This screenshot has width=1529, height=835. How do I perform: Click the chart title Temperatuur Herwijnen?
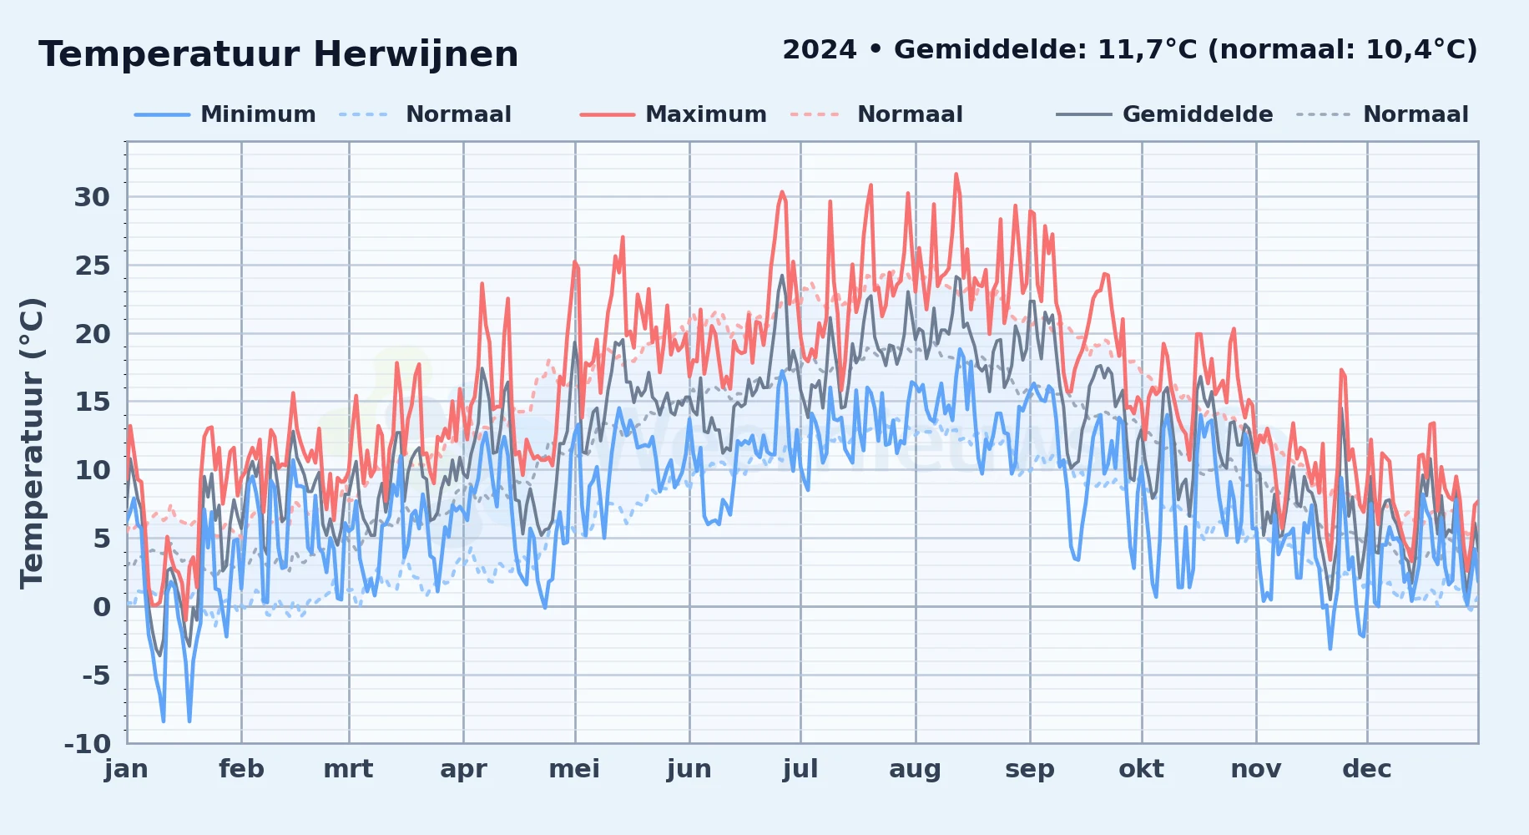pyautogui.click(x=279, y=54)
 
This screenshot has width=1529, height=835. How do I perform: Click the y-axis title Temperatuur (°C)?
pyautogui.click(x=32, y=443)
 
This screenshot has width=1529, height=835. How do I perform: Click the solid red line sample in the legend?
pyautogui.click(x=608, y=114)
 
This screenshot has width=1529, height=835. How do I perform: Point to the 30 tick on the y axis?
pyautogui.click(x=92, y=197)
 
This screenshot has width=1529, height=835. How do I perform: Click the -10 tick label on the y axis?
pyautogui.click(x=88, y=743)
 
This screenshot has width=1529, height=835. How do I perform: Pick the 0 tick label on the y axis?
pyautogui.click(x=102, y=607)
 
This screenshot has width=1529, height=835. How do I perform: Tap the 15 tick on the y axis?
pyautogui.click(x=92, y=402)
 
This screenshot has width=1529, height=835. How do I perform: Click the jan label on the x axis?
pyautogui.click(x=127, y=769)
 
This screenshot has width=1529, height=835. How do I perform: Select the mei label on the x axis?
pyautogui.click(x=574, y=769)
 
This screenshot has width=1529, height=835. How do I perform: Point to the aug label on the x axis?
pyautogui.click(x=915, y=769)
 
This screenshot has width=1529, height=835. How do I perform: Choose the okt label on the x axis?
pyautogui.click(x=1141, y=769)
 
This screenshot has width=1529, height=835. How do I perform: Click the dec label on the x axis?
pyautogui.click(x=1367, y=769)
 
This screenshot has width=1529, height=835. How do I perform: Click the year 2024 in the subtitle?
pyautogui.click(x=820, y=50)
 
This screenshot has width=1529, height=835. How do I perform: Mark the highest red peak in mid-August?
pyautogui.click(x=956, y=175)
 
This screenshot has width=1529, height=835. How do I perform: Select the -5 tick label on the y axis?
pyautogui.click(x=96, y=676)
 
